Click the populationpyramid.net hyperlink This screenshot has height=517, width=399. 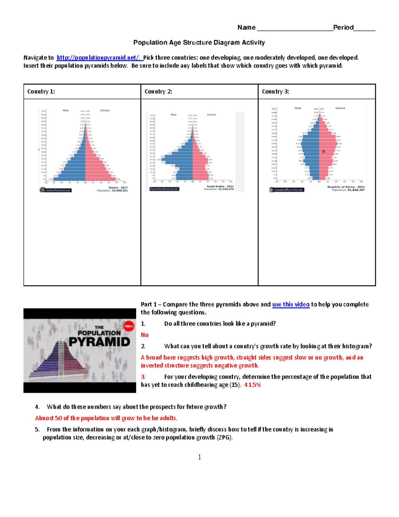99,58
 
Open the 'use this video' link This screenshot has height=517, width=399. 291,304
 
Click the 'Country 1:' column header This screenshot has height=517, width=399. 41,92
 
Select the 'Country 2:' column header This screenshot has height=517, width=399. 158,92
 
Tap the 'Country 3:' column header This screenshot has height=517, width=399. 275,92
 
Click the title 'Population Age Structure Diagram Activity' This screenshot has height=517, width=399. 199,43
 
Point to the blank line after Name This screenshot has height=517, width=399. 295,28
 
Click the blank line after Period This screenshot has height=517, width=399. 364,28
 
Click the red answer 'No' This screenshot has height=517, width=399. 145,335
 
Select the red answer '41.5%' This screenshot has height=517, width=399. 252,385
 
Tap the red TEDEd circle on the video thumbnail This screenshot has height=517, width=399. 129,326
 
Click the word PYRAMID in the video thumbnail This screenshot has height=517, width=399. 99,342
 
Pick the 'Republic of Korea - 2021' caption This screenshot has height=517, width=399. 346,187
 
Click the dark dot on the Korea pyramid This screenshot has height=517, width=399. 324,151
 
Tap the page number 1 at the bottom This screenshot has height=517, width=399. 199,457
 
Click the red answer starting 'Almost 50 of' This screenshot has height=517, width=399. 106,418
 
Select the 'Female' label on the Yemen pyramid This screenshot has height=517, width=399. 105,111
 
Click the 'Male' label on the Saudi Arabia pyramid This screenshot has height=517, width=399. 174,115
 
